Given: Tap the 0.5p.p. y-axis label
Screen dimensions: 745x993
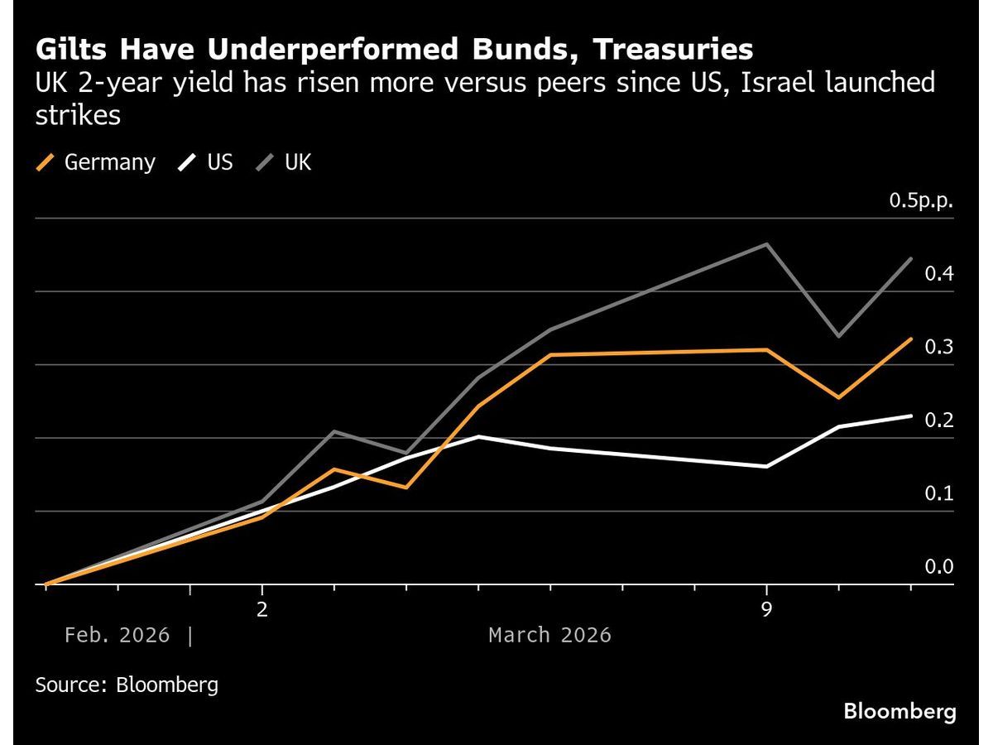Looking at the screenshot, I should [x=921, y=200].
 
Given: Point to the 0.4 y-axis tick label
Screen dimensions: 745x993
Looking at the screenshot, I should [x=939, y=273].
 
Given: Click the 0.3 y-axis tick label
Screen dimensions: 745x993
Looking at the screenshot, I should [x=939, y=347].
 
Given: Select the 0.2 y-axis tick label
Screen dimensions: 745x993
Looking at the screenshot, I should [x=939, y=420].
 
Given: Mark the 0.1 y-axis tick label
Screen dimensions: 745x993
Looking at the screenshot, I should [x=939, y=493].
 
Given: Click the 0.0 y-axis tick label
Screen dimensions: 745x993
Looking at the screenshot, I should [x=939, y=566].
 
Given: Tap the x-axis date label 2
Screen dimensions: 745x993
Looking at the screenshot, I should [x=262, y=609].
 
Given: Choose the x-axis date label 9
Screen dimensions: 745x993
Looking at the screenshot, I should [x=766, y=609].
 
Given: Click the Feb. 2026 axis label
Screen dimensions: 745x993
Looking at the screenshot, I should [x=117, y=636].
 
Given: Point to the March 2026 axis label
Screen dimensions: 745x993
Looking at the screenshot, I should [x=549, y=636].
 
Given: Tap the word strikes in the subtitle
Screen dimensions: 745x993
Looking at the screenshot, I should [x=78, y=115].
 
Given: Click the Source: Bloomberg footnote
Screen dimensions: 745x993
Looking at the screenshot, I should [x=127, y=685].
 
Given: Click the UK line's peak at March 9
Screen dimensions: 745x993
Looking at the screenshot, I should [x=767, y=244].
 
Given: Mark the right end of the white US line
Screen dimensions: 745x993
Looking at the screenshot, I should [x=911, y=416].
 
